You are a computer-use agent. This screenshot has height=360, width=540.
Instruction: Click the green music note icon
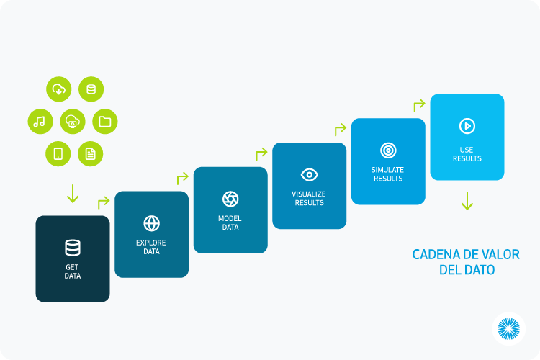[40, 121]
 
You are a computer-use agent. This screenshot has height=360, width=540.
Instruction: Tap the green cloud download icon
[59, 89]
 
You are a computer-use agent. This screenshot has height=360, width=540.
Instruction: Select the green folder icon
[105, 121]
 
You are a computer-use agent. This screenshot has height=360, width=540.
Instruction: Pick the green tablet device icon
[58, 153]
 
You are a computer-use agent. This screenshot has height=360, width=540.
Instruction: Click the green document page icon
[91, 153]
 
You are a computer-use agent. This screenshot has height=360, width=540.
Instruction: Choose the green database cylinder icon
[91, 89]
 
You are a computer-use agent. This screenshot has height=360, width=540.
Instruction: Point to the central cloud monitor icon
[73, 121]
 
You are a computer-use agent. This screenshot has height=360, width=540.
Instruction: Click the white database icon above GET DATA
[73, 248]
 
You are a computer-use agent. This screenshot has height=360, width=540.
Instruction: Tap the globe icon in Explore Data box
[151, 223]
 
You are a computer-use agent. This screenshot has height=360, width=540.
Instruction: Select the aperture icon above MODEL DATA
[230, 199]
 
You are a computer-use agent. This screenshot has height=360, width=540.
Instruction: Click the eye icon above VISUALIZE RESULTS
[310, 175]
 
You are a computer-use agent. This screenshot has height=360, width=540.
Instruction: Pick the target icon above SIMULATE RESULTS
[388, 150]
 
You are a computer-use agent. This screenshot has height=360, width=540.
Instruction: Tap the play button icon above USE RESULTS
[467, 126]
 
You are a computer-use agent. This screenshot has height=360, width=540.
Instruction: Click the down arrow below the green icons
[73, 194]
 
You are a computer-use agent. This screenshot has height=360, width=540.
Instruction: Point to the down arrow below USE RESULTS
[467, 201]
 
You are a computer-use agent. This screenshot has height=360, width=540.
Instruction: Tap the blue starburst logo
[508, 328]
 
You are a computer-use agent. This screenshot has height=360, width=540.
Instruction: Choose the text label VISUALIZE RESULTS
[309, 199]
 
